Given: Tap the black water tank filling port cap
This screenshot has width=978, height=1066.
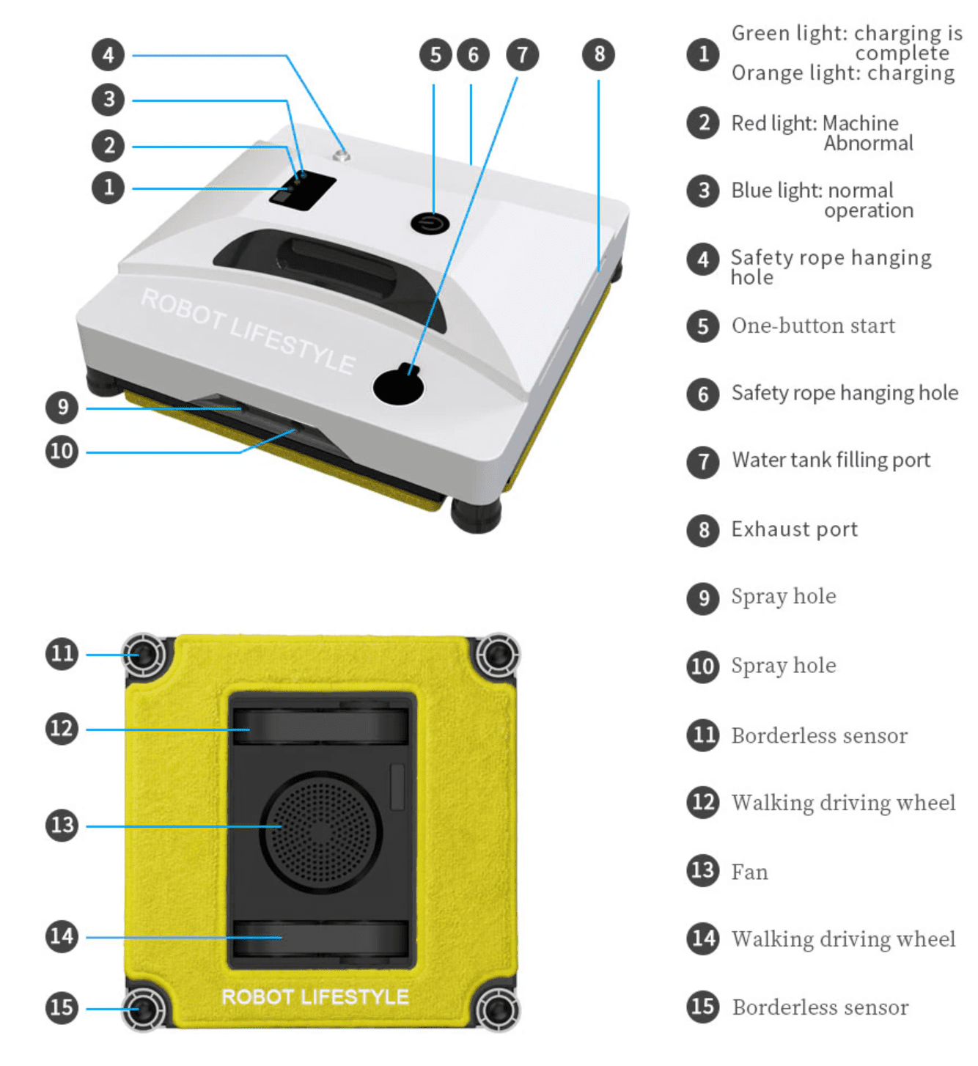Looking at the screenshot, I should point(398,385).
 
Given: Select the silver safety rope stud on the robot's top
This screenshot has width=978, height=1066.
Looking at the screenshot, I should point(341,156).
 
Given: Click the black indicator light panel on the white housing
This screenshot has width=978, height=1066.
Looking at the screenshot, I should point(303,190).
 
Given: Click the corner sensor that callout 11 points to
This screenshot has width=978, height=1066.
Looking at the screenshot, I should point(144,654).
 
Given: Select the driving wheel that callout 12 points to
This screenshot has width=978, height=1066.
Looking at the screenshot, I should point(320,726).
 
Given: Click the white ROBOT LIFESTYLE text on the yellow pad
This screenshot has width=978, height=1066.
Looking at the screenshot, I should point(315,997).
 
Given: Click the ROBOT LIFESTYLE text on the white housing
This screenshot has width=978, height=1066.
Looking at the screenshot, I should point(248,331).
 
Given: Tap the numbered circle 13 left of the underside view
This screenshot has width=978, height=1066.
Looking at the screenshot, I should point(62,826).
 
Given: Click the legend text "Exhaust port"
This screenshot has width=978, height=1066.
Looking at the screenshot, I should point(794,529).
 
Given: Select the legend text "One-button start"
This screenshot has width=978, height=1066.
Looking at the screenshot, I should point(813,326).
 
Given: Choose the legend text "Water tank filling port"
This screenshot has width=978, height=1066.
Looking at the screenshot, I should point(831,460).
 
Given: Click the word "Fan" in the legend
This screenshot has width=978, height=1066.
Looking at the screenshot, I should point(749,872).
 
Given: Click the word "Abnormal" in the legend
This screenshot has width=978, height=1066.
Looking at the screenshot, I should point(868,143).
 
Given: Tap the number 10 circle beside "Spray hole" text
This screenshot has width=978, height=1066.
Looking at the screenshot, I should point(702,666).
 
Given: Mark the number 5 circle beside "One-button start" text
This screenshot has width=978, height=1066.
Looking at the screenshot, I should point(702,326).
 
